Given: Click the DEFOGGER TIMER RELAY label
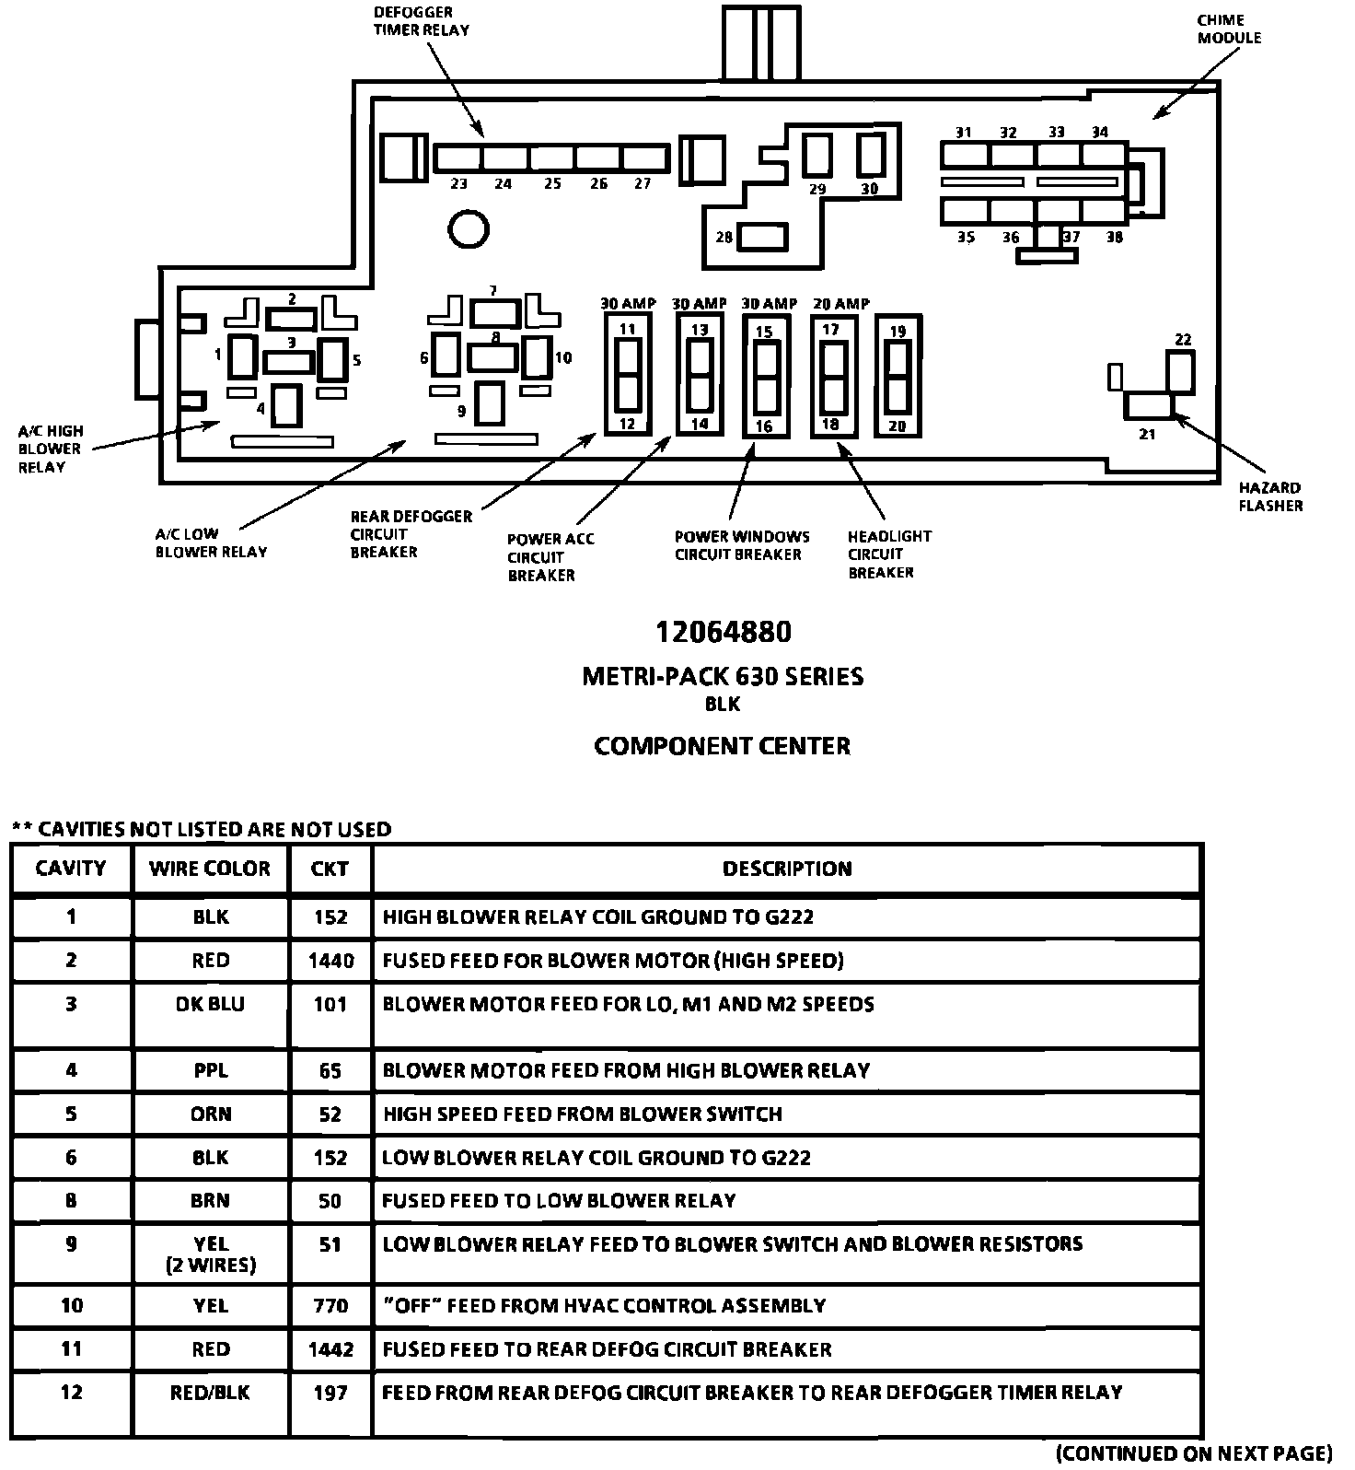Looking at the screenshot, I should pos(421,21).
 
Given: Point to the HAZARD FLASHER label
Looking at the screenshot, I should pos(1269,496).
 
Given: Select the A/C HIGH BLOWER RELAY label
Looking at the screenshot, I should pos(50,449).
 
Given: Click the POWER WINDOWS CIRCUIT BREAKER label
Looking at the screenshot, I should pos(741,545).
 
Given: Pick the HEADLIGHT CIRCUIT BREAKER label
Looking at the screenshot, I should pos(888,554).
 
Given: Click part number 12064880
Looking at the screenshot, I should pos(723,632).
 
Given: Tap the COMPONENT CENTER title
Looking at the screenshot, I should pos(722,745).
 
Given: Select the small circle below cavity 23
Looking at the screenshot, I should pos(469,227).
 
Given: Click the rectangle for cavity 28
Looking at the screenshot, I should pos(763,237).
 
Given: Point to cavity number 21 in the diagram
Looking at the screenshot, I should pos(1147,434).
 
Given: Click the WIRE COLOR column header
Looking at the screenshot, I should pos(210,869).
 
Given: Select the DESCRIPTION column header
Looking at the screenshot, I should pos(787,869).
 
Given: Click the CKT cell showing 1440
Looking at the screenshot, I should pos(330,961).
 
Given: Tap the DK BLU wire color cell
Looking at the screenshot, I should pos(210,1004).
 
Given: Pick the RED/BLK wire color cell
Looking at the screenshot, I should pos(210,1392).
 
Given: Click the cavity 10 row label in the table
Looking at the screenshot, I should pos(71,1305).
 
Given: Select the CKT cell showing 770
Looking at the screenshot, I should pos(330,1305).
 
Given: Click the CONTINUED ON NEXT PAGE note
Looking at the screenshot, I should pos(1194,1453).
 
